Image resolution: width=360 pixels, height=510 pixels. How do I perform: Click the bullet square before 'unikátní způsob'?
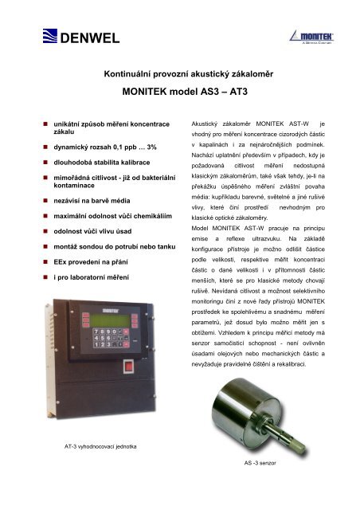pyautogui.click(x=45, y=126)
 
